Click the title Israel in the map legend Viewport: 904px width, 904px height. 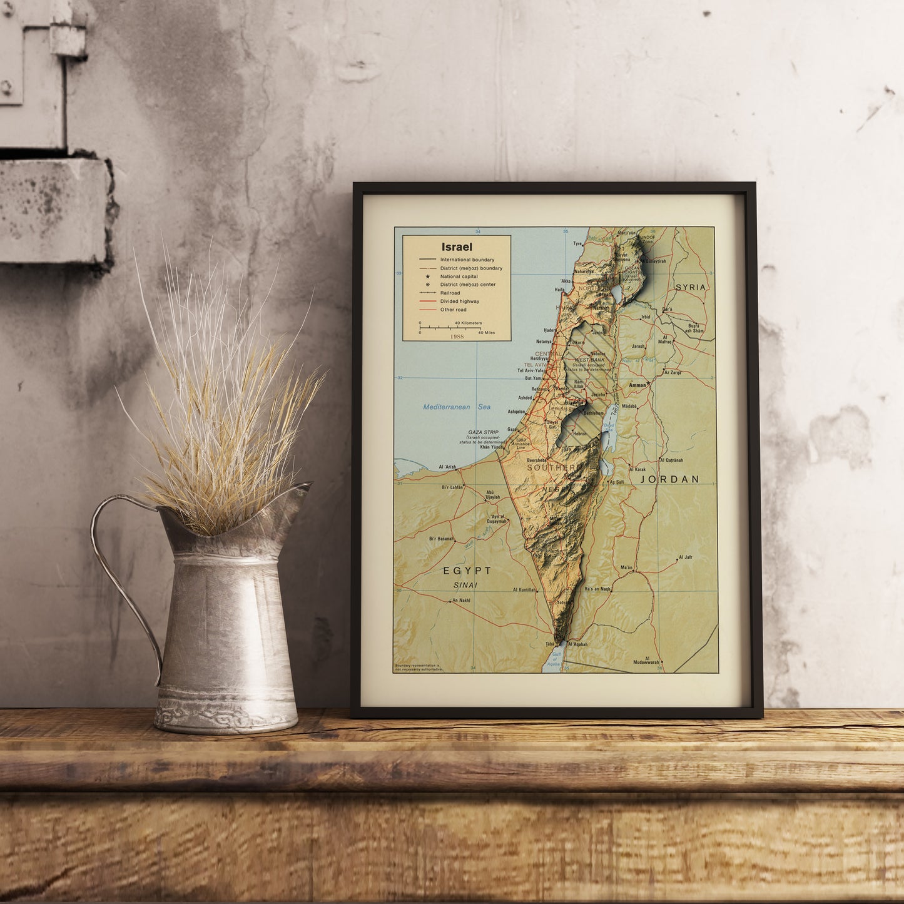pyautogui.click(x=457, y=247)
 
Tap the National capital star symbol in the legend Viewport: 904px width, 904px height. pyautogui.click(x=427, y=276)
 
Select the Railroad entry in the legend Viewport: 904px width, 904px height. pyautogui.click(x=450, y=293)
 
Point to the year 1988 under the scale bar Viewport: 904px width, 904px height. pyautogui.click(x=457, y=337)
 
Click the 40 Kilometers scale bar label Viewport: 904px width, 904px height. pyautogui.click(x=468, y=323)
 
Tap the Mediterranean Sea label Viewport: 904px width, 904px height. pyautogui.click(x=457, y=407)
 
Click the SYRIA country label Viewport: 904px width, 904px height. pyautogui.click(x=691, y=287)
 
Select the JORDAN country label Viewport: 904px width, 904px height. pyautogui.click(x=669, y=479)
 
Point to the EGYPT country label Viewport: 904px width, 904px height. pyautogui.click(x=467, y=571)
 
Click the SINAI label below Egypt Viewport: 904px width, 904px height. pyautogui.click(x=465, y=586)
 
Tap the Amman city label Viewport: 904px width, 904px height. pyautogui.click(x=637, y=385)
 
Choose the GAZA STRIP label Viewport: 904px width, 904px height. pyautogui.click(x=483, y=432)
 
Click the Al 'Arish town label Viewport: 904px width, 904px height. pyautogui.click(x=448, y=467)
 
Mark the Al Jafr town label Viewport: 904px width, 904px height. pyautogui.click(x=686, y=557)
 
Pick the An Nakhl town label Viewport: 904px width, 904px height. pyautogui.click(x=460, y=601)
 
